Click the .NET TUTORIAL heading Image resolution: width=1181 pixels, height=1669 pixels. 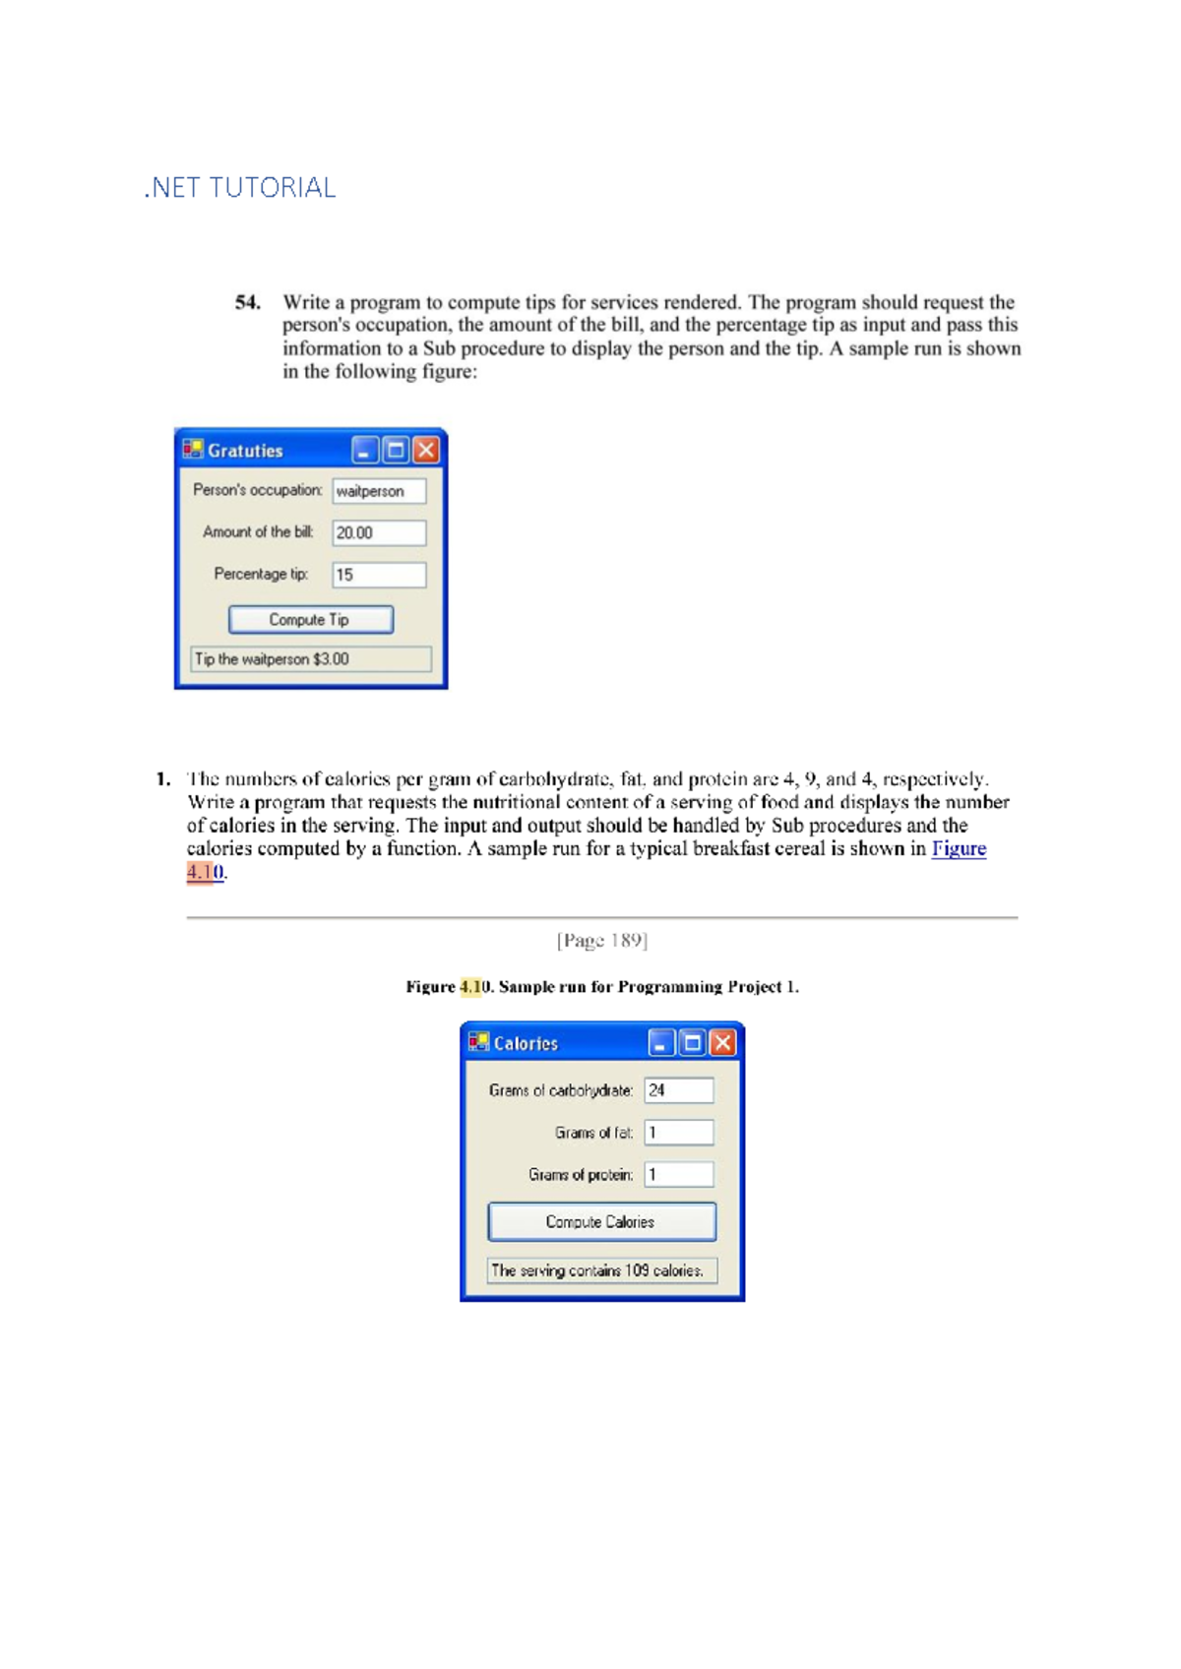240,188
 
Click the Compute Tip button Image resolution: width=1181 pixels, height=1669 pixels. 310,620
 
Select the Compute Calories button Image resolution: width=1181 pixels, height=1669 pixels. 601,1222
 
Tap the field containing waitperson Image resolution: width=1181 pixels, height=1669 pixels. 379,491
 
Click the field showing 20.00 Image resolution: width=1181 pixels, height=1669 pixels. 379,533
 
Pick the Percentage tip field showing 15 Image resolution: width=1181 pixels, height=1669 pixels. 379,575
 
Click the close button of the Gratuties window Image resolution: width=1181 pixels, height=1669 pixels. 426,451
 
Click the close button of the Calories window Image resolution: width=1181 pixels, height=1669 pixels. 723,1043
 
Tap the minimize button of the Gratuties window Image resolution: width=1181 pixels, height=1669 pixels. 364,451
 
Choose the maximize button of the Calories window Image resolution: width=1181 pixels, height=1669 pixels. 693,1043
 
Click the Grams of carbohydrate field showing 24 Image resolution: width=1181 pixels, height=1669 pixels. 679,1090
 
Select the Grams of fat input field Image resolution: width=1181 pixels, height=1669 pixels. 679,1133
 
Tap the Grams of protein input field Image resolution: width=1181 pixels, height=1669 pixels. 679,1174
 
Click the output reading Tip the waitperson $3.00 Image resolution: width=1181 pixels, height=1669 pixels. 310,659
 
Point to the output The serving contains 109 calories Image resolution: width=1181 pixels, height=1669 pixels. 601,1270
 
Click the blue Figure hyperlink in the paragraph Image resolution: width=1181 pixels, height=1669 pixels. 959,849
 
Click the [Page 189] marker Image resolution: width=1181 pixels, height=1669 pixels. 601,941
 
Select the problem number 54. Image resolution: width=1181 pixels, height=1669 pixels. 247,303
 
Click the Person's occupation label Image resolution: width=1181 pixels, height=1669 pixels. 257,490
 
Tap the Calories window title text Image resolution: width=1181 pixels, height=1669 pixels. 526,1044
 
